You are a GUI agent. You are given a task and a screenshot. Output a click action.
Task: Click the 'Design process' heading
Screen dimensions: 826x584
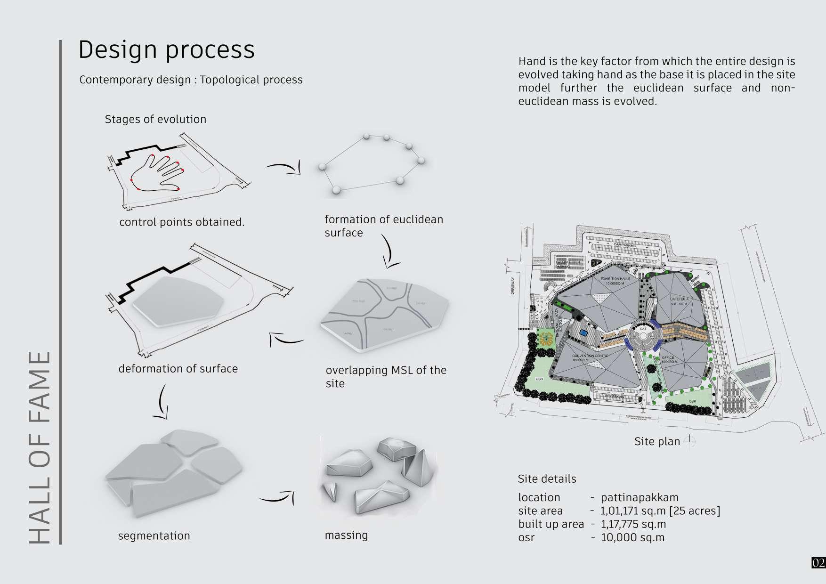tap(166, 49)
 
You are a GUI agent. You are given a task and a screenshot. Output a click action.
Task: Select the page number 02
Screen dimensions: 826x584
tap(818, 562)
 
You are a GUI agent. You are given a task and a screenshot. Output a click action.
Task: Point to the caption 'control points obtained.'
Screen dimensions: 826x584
tap(182, 222)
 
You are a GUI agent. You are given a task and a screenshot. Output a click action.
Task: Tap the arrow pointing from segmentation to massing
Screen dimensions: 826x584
tap(277, 497)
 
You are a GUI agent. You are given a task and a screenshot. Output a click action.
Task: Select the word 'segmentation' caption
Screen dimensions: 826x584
tap(154, 535)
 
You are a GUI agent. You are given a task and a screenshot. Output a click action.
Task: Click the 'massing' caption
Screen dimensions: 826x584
tap(346, 535)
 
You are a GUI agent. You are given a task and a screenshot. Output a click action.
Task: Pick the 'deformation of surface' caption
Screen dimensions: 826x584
tap(178, 368)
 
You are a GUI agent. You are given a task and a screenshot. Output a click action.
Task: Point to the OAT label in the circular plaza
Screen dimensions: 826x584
tap(643, 329)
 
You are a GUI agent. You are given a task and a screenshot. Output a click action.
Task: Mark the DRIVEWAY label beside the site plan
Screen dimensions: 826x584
tap(513, 286)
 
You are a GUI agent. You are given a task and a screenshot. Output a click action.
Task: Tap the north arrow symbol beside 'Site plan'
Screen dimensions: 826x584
tap(689, 441)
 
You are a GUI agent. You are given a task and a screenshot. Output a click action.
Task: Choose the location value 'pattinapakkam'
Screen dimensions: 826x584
tap(640, 497)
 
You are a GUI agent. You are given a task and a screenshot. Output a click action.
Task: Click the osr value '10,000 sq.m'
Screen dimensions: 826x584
tap(632, 537)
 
